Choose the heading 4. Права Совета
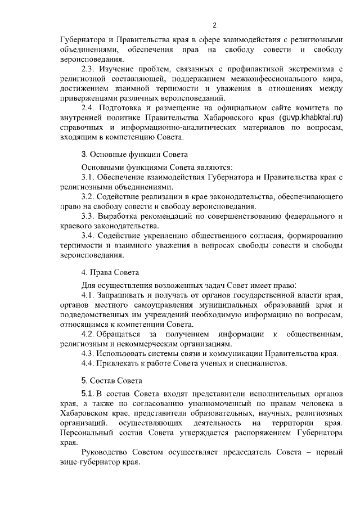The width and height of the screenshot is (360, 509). click(110, 273)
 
